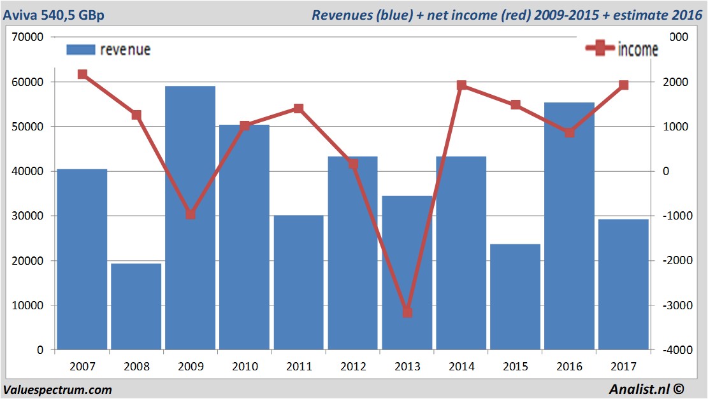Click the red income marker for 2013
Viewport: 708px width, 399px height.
[x=407, y=312]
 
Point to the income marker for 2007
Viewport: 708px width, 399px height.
[x=82, y=74]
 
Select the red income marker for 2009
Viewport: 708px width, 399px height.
[x=191, y=214]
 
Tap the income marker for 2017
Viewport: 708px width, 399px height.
[x=624, y=85]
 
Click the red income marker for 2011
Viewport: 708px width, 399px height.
[x=299, y=108]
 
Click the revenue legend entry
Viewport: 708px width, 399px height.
[x=108, y=50]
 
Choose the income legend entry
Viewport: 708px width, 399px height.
[x=622, y=49]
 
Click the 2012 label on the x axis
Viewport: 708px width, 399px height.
[x=353, y=367]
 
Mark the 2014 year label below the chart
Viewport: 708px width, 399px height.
[x=461, y=367]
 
